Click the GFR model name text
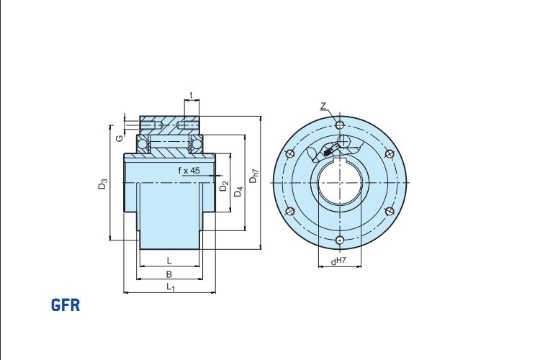point(66,305)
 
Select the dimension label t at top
point(192,94)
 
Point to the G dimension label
point(119,138)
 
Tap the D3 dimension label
point(103,184)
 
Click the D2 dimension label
point(224,186)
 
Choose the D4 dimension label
point(238,192)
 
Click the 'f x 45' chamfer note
point(189,170)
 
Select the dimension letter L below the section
point(169,261)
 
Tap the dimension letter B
point(169,274)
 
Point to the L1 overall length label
point(171,287)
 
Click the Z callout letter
point(323,106)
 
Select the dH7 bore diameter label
point(338,261)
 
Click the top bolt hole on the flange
point(340,125)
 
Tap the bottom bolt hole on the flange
point(340,240)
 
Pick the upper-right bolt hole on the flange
point(389,153)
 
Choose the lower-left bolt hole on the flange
point(290,211)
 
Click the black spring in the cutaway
point(328,150)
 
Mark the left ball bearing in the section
point(143,144)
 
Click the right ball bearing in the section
point(197,144)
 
